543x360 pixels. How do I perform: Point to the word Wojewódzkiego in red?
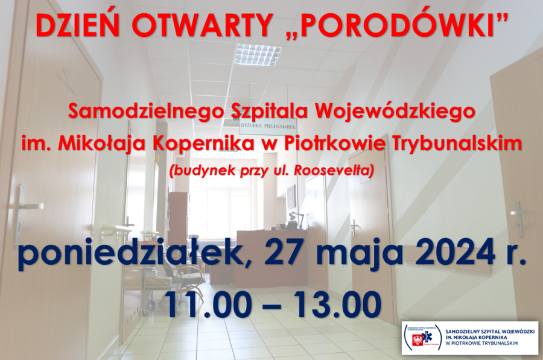coord(395,112)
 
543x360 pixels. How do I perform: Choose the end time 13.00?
coord(337,304)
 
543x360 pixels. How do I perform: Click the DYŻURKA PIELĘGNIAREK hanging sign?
coord(268,127)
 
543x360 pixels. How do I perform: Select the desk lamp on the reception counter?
coord(297,219)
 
